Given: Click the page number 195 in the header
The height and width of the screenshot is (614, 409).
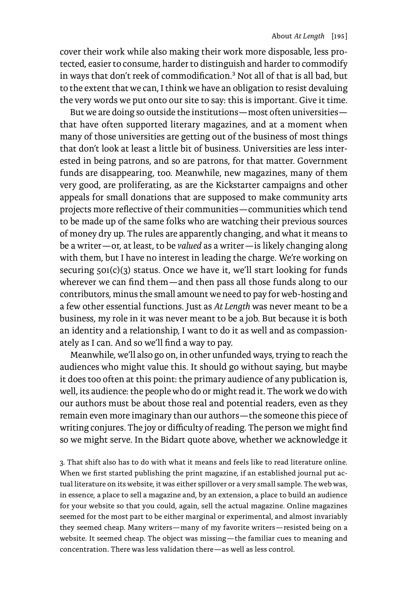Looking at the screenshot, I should click(x=339, y=36).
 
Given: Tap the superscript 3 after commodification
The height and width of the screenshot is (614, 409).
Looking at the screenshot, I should click(x=234, y=74).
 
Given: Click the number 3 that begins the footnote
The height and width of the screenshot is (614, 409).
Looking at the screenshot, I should click(x=62, y=463).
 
